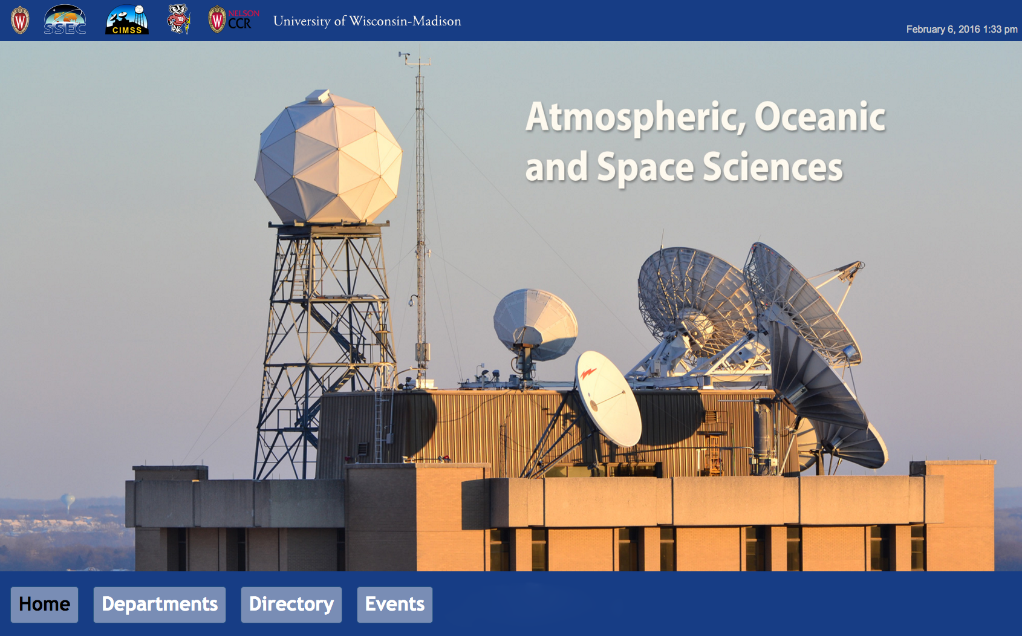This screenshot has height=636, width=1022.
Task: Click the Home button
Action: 44,605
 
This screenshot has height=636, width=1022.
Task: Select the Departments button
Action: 159,605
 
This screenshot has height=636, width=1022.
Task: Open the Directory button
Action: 291,605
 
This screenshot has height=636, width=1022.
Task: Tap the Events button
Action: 395,605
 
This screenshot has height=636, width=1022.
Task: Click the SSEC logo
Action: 65,19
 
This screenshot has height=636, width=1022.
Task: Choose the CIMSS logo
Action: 127,19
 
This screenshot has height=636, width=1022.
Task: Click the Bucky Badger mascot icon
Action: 178,19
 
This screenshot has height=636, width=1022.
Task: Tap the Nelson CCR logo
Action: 233,19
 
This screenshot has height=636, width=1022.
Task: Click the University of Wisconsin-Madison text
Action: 367,21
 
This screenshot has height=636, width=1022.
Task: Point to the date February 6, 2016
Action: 943,29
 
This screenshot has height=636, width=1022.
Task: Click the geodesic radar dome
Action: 328,157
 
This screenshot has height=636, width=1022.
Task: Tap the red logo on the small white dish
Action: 588,374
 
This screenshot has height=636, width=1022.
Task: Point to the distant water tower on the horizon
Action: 68,502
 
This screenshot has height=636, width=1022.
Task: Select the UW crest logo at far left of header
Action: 20,20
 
